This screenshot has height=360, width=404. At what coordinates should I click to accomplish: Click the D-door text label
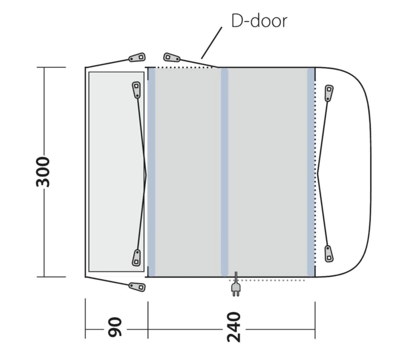259,21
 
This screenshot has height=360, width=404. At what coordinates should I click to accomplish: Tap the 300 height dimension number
43,172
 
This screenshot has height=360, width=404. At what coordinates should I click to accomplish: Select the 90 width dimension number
115,327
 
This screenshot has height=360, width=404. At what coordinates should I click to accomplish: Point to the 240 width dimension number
234,327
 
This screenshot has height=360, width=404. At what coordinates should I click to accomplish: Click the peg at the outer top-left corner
137,58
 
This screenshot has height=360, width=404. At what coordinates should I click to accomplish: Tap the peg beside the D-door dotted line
171,58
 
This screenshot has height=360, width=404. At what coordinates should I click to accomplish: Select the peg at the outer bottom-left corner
137,286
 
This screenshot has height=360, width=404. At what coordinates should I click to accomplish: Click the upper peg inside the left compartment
136,89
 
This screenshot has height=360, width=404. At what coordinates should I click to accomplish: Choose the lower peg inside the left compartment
136,257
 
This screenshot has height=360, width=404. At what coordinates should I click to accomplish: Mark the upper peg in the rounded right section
329,93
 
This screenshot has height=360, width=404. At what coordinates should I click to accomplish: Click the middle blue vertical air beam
225,172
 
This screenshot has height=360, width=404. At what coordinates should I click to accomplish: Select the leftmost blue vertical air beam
151,172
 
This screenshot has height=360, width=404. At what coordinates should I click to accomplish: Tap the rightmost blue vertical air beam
311,172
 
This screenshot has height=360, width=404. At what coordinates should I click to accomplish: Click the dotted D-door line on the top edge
184,67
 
